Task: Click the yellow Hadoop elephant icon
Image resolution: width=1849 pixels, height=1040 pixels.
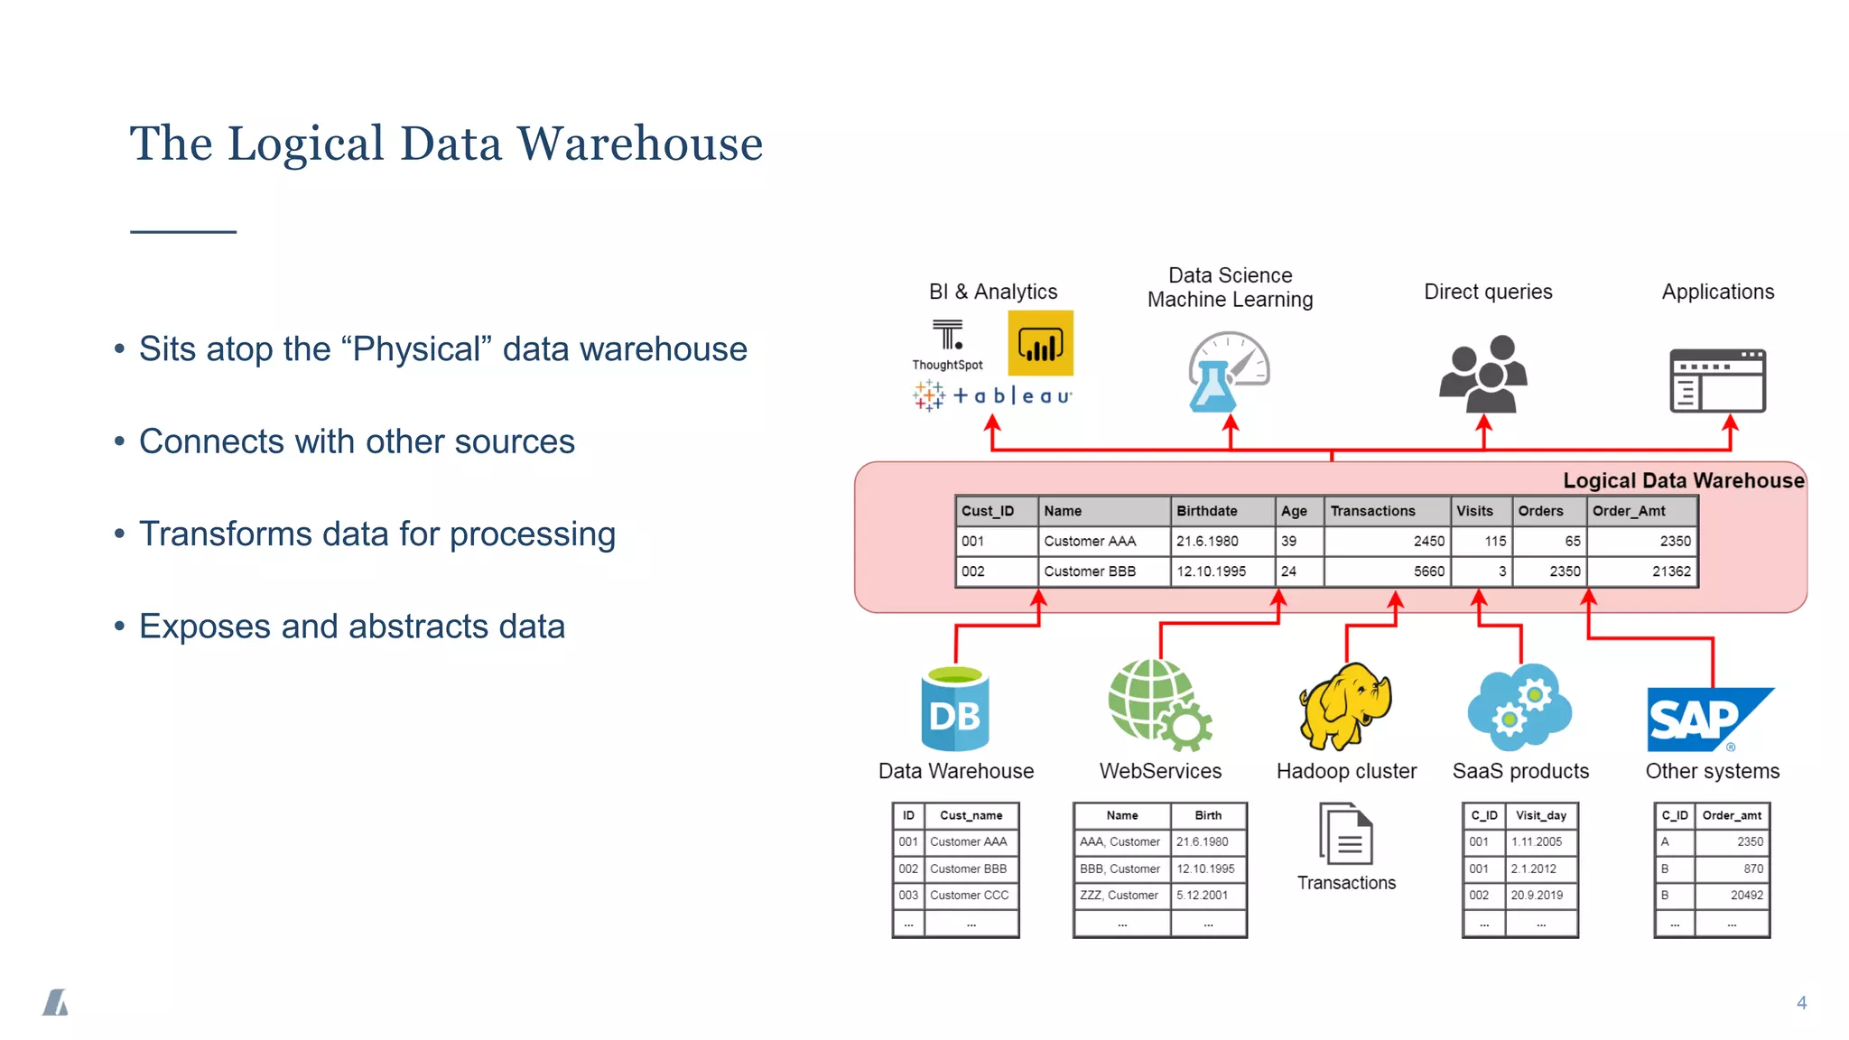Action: coord(1345,706)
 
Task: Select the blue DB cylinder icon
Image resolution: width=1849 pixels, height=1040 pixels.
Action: coord(955,710)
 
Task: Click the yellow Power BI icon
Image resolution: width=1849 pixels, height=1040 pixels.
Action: coord(1040,343)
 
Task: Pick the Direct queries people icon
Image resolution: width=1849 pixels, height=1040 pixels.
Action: coord(1482,374)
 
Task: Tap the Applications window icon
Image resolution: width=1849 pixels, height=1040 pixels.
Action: coord(1717,380)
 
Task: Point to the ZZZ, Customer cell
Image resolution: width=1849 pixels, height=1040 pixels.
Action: coord(1120,896)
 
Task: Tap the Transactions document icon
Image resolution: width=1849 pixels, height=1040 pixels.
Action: coord(1346,834)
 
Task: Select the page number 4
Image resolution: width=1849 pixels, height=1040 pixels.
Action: coord(1801,1003)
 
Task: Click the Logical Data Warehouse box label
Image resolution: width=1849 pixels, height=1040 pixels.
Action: coord(1683,480)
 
